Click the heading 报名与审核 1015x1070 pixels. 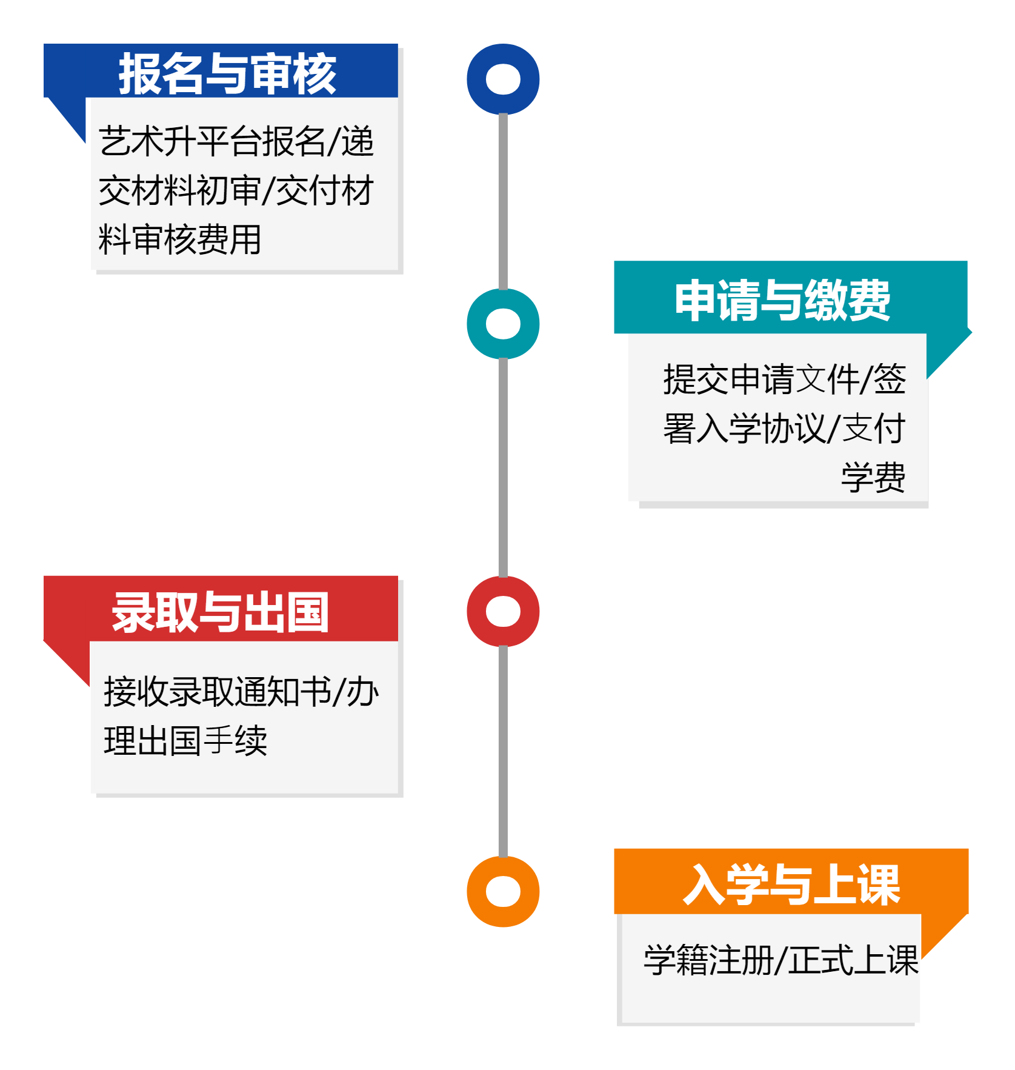(x=227, y=73)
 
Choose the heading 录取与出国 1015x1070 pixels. (x=220, y=612)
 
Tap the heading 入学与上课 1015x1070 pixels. (x=791, y=884)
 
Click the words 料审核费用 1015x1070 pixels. (x=179, y=239)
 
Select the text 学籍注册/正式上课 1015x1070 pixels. (x=780, y=960)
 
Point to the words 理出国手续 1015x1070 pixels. (x=185, y=740)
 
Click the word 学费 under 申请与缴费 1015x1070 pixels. (x=873, y=477)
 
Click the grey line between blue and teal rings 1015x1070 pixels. (x=503, y=200)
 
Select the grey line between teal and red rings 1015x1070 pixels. (x=503, y=467)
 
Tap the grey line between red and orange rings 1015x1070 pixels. (x=503, y=752)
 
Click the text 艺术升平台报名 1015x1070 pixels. (x=212, y=141)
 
